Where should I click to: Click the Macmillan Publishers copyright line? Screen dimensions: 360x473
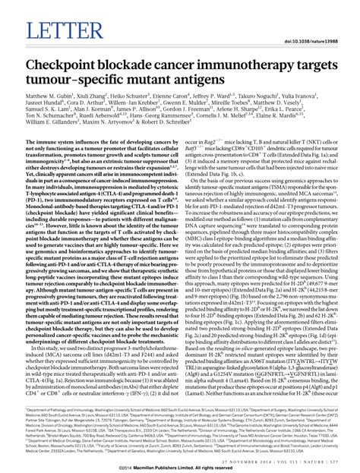pyautogui.click(x=181, y=465)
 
